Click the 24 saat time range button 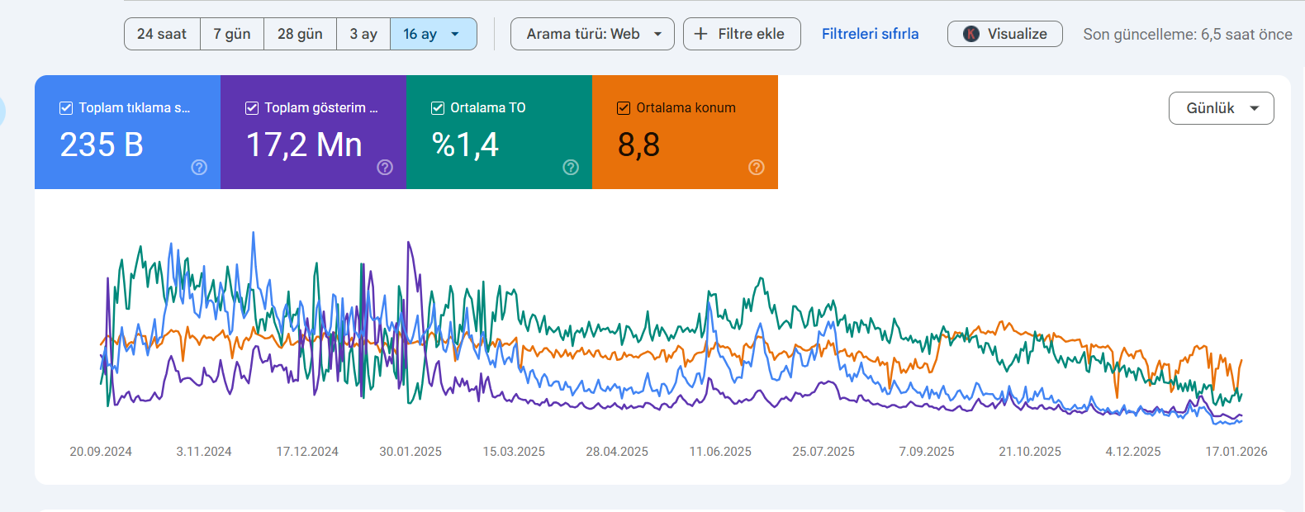162,34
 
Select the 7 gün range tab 232,34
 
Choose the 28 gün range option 300,34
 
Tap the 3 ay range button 363,34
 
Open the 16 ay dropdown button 433,34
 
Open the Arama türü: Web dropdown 592,34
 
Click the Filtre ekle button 742,34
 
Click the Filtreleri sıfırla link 871,34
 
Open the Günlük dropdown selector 1221,107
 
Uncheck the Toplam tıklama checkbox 66,107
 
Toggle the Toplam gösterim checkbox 252,107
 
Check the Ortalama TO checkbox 438,107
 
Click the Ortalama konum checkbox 624,107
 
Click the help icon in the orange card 757,168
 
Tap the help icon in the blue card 199,168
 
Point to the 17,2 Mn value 304,145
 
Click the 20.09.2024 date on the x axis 101,452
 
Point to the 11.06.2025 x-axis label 720,452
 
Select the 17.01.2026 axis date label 1236,452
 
